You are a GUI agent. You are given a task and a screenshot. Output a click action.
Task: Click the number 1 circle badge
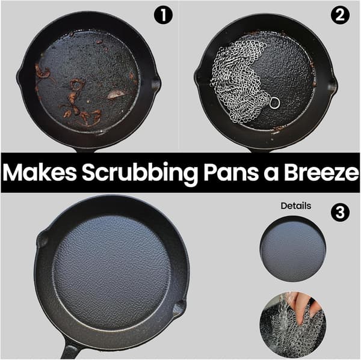coord(163,15)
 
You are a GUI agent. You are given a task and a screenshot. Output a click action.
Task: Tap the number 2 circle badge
coord(340,15)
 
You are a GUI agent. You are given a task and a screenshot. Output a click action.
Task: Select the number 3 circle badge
coord(340,212)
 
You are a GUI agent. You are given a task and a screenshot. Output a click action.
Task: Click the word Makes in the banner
coord(39,172)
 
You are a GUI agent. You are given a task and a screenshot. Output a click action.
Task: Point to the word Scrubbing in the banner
coord(140,174)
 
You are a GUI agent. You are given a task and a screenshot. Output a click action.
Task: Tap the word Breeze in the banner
coord(321,172)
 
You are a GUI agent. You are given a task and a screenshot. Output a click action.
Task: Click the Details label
coord(296,206)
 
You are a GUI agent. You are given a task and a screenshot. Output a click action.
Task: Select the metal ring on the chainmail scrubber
coord(274,103)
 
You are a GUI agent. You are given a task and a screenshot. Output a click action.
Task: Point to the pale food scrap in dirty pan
coord(116,94)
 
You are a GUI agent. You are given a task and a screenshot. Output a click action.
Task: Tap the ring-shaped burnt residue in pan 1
coord(76,85)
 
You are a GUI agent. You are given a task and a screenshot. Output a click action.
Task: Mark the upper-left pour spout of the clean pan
coord(42,239)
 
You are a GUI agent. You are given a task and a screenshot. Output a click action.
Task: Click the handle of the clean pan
coord(70,348)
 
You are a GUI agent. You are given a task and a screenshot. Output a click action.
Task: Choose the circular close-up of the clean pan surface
coord(293,249)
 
